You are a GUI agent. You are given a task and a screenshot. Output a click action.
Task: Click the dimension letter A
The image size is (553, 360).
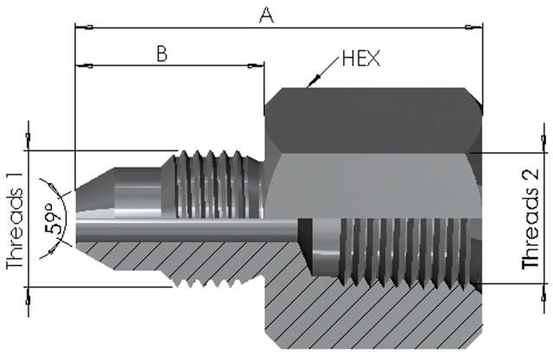point(266,15)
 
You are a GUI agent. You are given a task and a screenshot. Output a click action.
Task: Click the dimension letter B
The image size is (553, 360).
point(161,53)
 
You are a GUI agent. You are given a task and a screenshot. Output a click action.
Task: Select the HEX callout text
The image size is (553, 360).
point(360,58)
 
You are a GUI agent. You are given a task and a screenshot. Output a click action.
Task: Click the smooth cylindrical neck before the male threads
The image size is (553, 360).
point(138,186)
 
